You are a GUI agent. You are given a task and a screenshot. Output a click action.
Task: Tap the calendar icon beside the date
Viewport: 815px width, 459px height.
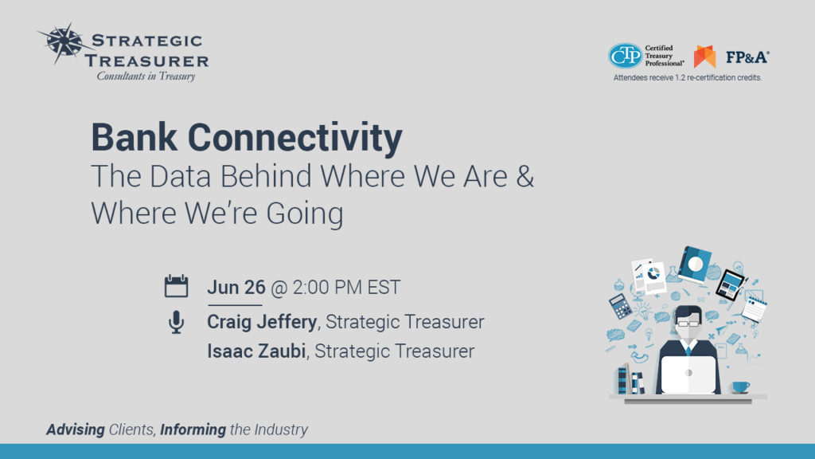point(176,286)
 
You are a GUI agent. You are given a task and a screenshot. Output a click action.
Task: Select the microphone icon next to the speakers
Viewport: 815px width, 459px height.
point(176,322)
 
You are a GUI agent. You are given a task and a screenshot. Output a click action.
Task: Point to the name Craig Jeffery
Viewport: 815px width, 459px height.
point(263,322)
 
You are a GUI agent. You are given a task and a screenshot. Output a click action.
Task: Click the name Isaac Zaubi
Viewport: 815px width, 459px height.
point(257,351)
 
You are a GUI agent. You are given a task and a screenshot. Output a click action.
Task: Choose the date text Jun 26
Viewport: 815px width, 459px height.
point(236,287)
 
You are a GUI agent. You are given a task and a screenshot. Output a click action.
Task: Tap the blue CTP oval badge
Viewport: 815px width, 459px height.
point(625,56)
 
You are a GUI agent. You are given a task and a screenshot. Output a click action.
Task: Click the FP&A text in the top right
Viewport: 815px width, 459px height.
point(747,57)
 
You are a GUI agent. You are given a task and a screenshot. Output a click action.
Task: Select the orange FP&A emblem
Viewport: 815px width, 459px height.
point(704,57)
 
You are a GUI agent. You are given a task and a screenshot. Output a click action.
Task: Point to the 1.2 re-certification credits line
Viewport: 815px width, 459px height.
point(687,78)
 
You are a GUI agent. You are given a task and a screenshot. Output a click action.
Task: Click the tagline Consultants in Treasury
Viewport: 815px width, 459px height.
point(146,76)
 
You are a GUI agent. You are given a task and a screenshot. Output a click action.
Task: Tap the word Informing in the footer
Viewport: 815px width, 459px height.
point(193,430)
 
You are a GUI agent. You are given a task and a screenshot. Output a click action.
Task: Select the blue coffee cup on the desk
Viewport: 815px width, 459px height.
point(741,386)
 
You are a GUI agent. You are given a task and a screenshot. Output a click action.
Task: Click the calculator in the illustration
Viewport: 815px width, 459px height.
point(620,305)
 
